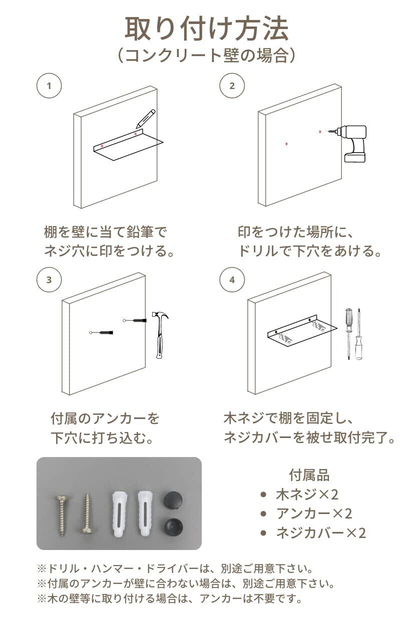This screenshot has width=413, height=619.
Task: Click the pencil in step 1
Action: [x=146, y=119]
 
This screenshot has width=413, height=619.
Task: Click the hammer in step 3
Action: [x=160, y=334]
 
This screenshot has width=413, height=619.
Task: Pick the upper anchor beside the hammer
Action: [x=135, y=320]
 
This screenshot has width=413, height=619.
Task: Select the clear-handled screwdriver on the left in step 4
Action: [x=348, y=334]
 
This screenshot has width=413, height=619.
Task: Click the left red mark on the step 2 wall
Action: [x=286, y=143]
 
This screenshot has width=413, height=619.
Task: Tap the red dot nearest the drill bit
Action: [x=320, y=132]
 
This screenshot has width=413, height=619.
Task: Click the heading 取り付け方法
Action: [x=207, y=28]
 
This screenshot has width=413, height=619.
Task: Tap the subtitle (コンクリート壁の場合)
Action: [x=207, y=56]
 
